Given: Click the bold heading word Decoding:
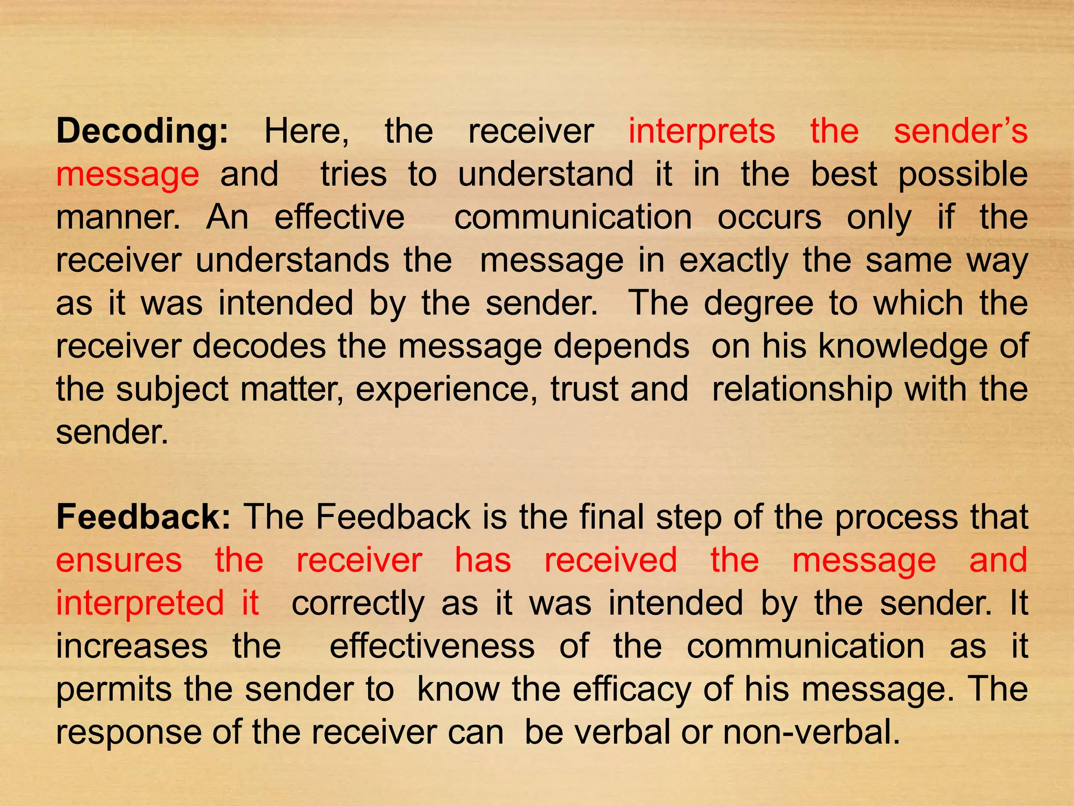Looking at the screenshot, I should pos(142,131).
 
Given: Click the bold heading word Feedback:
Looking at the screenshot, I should pos(143,517).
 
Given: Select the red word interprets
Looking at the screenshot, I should pos(702,131).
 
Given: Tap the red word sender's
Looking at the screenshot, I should pos(960,131).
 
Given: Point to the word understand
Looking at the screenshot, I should pos(545,174).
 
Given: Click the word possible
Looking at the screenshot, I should pos(963,175).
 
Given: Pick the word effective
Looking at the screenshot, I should pos(340,217).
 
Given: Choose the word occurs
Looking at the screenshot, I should pos(769,217).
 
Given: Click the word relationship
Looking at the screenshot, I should pos(802,390).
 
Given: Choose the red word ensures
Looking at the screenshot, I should pos(119,560).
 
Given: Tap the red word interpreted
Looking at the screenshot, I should pos(140,603).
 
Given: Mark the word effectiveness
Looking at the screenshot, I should pos(432,646).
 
